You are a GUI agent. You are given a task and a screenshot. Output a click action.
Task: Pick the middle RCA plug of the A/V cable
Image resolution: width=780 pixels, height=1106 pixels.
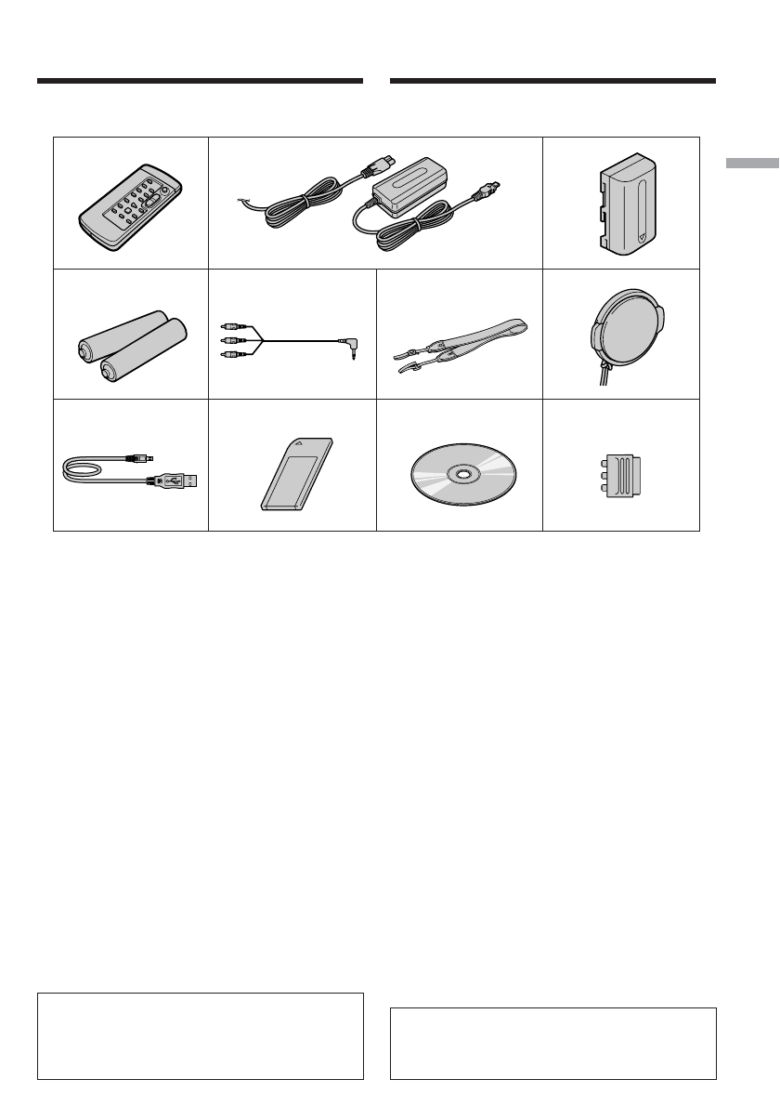pyautogui.click(x=229, y=341)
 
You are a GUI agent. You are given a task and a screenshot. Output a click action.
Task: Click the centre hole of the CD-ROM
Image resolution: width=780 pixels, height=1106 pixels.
pyautogui.click(x=460, y=474)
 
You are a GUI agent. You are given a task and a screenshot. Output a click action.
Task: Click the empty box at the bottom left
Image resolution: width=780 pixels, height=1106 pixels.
pyautogui.click(x=200, y=1035)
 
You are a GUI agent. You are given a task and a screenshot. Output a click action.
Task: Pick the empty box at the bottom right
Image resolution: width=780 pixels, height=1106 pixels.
pyautogui.click(x=552, y=1043)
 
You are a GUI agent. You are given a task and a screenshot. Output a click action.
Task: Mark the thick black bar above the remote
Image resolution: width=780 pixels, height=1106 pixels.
pyautogui.click(x=200, y=82)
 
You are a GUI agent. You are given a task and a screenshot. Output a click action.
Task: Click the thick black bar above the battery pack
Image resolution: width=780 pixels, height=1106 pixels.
pyautogui.click(x=552, y=82)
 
